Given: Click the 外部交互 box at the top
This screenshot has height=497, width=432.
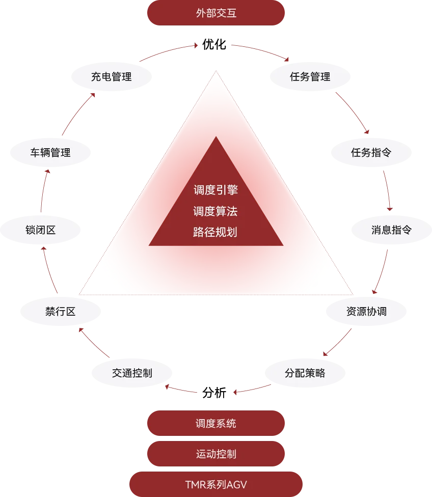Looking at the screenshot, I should pos(216,13).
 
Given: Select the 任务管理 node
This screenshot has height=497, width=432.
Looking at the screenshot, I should pos(310,77).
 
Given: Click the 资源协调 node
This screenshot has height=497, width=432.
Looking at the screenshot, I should pos(366,311).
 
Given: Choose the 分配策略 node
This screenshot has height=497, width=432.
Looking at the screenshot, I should pos(305,373).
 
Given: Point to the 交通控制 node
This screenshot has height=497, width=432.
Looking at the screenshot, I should pos(132,373).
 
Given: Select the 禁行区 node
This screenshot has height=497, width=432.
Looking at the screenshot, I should pos(60,311).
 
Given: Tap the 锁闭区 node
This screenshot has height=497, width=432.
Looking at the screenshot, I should pos(40,230).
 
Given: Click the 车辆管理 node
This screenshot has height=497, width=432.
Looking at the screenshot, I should pos(50,152).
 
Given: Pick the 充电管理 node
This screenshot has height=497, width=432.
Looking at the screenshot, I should pos(111,77).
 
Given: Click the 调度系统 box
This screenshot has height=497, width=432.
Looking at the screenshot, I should pos(216,424).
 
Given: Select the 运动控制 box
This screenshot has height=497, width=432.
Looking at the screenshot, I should pos(216,453).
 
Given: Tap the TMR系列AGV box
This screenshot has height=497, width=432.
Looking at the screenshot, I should pos(216,484).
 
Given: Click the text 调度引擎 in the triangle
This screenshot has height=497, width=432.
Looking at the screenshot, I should pos(216,190).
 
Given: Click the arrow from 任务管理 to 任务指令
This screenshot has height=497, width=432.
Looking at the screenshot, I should pos(352,113).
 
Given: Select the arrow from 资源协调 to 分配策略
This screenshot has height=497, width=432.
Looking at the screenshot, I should pos(337,343).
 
